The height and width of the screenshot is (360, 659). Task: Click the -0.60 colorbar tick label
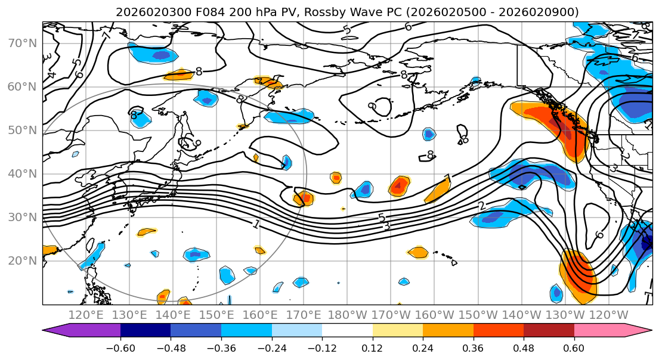tap(120, 347)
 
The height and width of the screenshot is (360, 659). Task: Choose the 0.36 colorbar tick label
tap(473, 347)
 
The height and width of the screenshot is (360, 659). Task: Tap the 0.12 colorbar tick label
tap(372, 347)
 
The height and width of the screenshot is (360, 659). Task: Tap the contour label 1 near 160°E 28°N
tap(256, 224)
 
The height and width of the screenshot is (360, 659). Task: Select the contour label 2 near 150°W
tap(481, 206)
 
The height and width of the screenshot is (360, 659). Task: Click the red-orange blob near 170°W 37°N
tap(399, 186)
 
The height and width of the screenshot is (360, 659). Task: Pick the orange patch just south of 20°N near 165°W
tap(418, 253)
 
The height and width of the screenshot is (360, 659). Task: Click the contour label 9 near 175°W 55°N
tap(372, 105)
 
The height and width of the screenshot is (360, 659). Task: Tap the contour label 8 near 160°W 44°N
tap(430, 155)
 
